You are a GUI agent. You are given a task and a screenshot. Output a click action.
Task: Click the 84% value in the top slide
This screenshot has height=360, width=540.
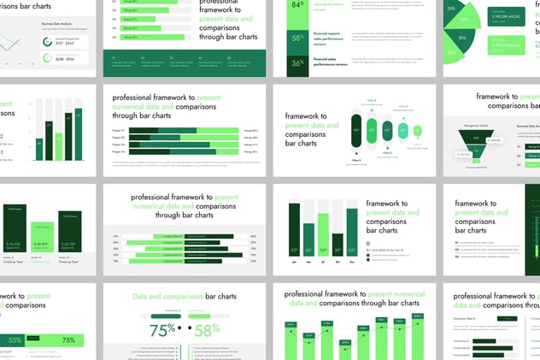297,5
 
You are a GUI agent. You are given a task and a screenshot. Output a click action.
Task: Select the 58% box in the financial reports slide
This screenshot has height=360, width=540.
297,38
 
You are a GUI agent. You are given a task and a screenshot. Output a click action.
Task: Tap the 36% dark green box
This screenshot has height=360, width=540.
297,63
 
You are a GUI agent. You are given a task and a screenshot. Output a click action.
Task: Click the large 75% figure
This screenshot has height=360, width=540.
161,330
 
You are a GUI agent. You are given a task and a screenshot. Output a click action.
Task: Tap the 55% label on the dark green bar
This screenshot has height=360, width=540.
15,339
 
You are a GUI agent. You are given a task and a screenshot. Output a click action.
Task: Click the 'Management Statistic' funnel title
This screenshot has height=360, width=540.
475,125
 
